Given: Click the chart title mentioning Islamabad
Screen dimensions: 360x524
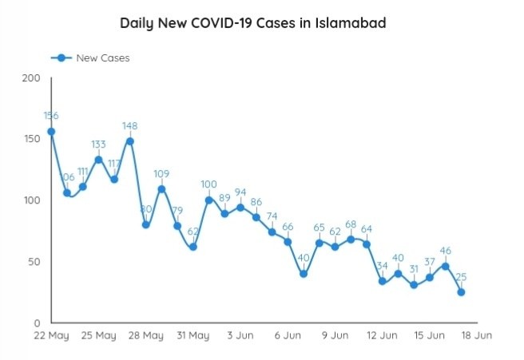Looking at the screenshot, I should coord(253,23).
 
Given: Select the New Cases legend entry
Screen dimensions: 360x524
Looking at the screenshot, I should coord(89,57).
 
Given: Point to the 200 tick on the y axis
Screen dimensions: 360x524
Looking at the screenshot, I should coord(30,78).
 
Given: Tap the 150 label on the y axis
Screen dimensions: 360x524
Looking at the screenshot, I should coord(30,139).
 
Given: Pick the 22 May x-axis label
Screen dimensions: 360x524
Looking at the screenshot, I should coord(51,336).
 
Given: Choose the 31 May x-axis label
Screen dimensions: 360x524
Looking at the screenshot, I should coord(193,336).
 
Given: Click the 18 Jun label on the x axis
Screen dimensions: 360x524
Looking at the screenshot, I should coord(476,336).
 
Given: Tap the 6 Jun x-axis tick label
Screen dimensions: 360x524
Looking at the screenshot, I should coord(287,336).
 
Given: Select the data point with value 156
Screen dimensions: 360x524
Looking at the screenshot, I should coord(51,132).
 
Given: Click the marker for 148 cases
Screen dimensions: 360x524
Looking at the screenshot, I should coord(129,141).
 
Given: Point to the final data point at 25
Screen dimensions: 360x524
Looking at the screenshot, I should coord(461,292).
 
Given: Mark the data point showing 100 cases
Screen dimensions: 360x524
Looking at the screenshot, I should coord(208,200).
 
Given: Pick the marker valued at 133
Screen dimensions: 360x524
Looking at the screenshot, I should coord(98,160).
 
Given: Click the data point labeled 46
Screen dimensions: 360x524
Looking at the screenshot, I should coord(445,266).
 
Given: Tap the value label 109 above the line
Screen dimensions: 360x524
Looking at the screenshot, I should coord(161,173).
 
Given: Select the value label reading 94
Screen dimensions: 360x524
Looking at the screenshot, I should coord(240,192).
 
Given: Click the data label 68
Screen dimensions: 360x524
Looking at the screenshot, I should coord(351,224).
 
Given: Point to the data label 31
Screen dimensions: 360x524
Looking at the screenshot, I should coord(413,268).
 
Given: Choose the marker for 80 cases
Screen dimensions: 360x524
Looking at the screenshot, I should coord(146,225).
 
